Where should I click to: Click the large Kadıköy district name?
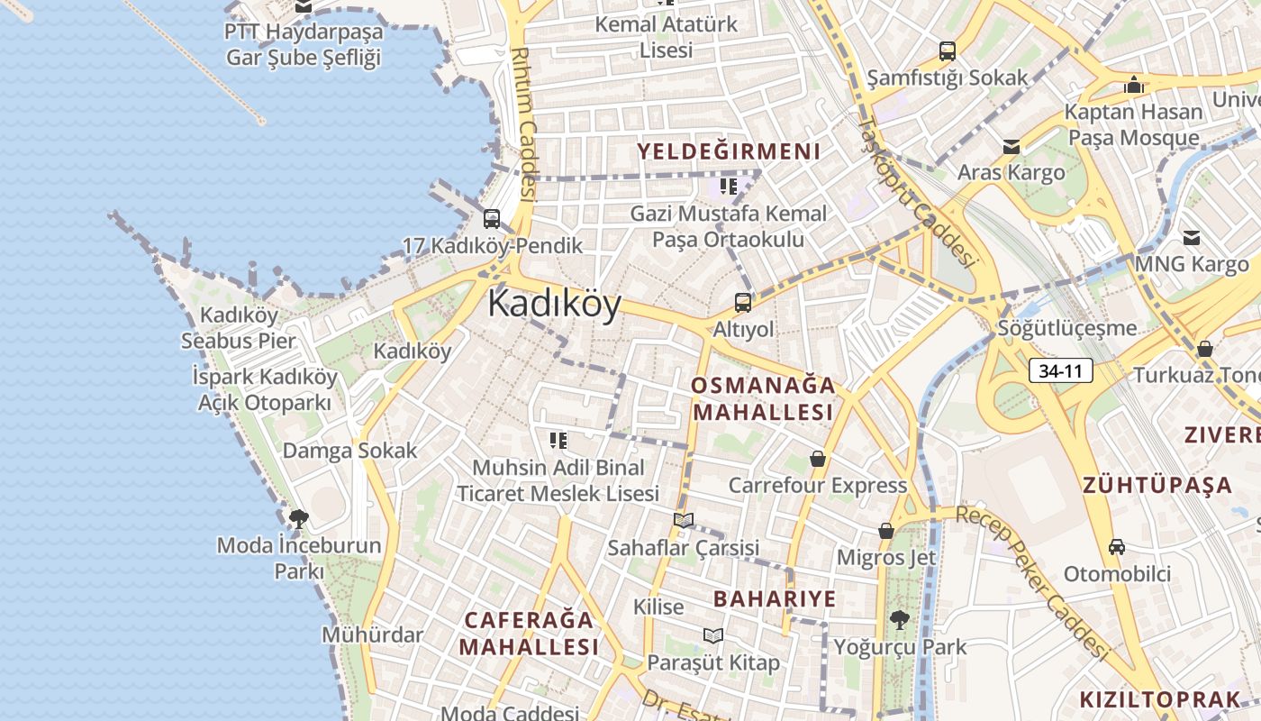tap(554, 305)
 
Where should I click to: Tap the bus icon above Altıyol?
tap(743, 303)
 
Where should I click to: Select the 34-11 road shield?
tap(1060, 370)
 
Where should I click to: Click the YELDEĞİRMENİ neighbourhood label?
tap(730, 151)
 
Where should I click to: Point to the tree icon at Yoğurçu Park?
tap(898, 620)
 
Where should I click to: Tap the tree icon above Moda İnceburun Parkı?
tap(298, 518)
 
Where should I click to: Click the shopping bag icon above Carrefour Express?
tap(817, 459)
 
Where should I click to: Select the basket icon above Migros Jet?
tap(886, 531)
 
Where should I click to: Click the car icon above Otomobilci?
tap(1117, 546)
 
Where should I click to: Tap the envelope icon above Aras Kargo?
tap(1011, 146)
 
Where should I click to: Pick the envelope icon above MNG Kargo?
tap(1192, 238)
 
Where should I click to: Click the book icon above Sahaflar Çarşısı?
tap(684, 520)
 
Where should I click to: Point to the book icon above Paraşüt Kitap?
tap(713, 635)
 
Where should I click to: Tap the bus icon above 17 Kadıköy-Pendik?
tap(492, 218)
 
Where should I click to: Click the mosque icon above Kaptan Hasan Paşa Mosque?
tap(1133, 86)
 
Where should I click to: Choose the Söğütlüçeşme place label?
tap(1067, 328)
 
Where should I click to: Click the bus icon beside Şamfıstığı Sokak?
tap(947, 51)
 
